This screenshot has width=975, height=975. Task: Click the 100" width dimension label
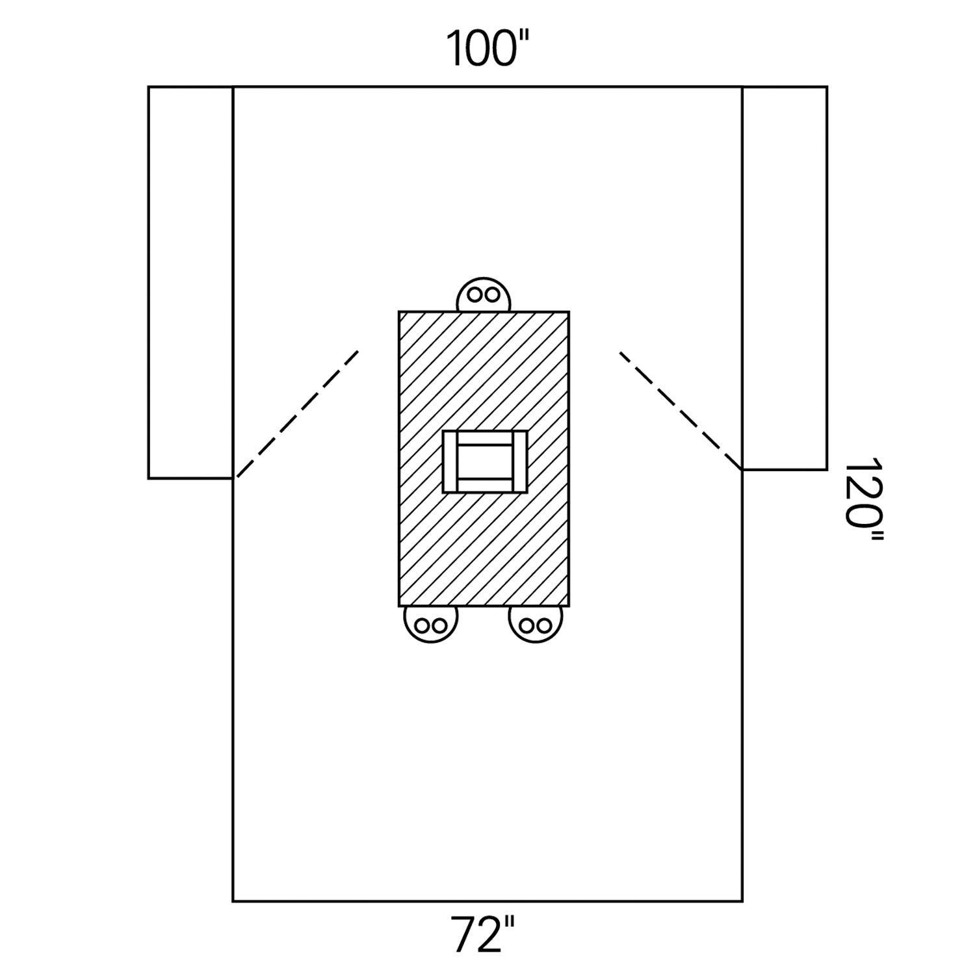[488, 48]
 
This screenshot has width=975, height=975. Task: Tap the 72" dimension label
[484, 934]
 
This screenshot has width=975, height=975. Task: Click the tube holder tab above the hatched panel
[484, 295]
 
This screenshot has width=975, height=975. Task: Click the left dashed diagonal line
[298, 414]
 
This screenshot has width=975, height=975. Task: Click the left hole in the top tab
[475, 294]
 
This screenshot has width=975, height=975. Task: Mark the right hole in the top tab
[493, 294]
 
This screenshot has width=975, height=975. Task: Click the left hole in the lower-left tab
[421, 626]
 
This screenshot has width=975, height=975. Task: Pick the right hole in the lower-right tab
[545, 626]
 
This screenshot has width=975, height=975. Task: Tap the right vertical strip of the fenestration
[519, 461]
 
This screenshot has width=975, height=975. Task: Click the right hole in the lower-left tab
[439, 626]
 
